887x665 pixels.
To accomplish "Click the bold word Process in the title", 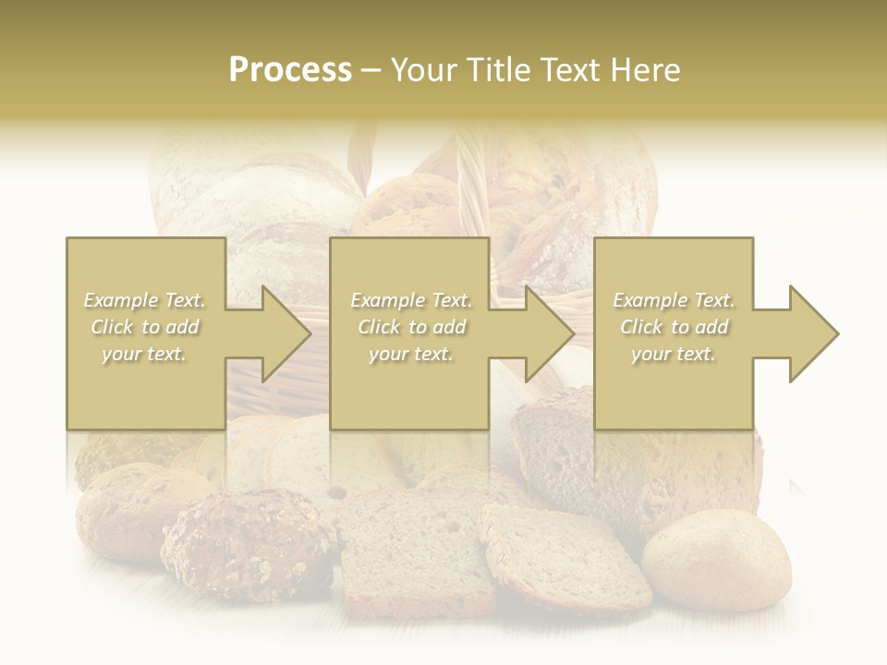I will pyautogui.click(x=290, y=70).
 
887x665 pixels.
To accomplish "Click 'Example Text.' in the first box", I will pyautogui.click(x=144, y=300).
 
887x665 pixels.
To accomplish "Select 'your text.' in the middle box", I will pyautogui.click(x=410, y=354).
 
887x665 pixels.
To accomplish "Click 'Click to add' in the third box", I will pyautogui.click(x=673, y=327).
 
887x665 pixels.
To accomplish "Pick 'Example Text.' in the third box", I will pyautogui.click(x=674, y=300).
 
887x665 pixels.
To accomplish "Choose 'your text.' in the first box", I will pyautogui.click(x=144, y=354).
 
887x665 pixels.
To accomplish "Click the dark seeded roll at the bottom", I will pyautogui.click(x=248, y=545).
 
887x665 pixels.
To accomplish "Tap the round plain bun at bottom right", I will pyautogui.click(x=717, y=560).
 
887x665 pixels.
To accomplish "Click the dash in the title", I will pyautogui.click(x=371, y=70).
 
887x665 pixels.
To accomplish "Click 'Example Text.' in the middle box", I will pyautogui.click(x=411, y=300).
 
